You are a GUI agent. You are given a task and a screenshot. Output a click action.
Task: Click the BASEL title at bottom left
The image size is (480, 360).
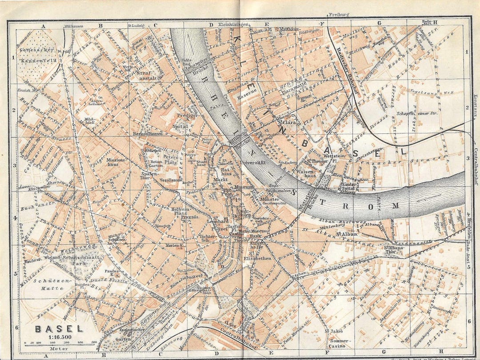click(59, 329)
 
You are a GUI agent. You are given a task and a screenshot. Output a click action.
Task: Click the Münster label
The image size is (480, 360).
click(270, 200)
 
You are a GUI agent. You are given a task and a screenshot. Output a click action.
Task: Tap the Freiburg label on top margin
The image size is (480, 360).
click(339, 15)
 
